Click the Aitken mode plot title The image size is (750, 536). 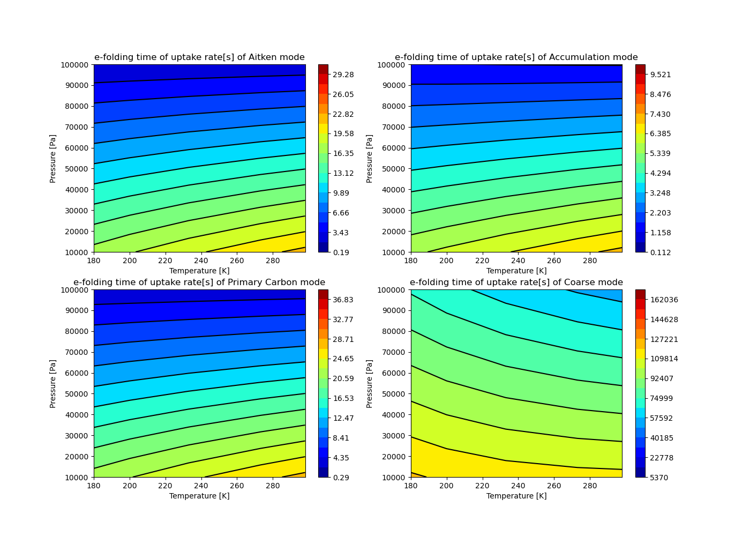click(199, 57)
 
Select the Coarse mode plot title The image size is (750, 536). click(516, 282)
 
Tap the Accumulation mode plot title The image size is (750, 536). click(516, 57)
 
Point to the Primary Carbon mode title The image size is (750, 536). click(199, 282)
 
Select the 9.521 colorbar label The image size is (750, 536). click(660, 75)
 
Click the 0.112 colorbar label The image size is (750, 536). click(660, 252)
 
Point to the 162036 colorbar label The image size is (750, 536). click(664, 300)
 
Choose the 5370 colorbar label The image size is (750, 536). click(660, 478)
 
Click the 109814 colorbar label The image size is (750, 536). click(664, 359)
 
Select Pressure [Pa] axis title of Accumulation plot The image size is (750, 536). click(370, 158)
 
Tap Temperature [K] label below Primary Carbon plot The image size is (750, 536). click(199, 496)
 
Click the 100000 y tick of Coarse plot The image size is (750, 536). click(393, 290)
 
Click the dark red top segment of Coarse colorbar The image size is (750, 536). click(640, 294)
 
